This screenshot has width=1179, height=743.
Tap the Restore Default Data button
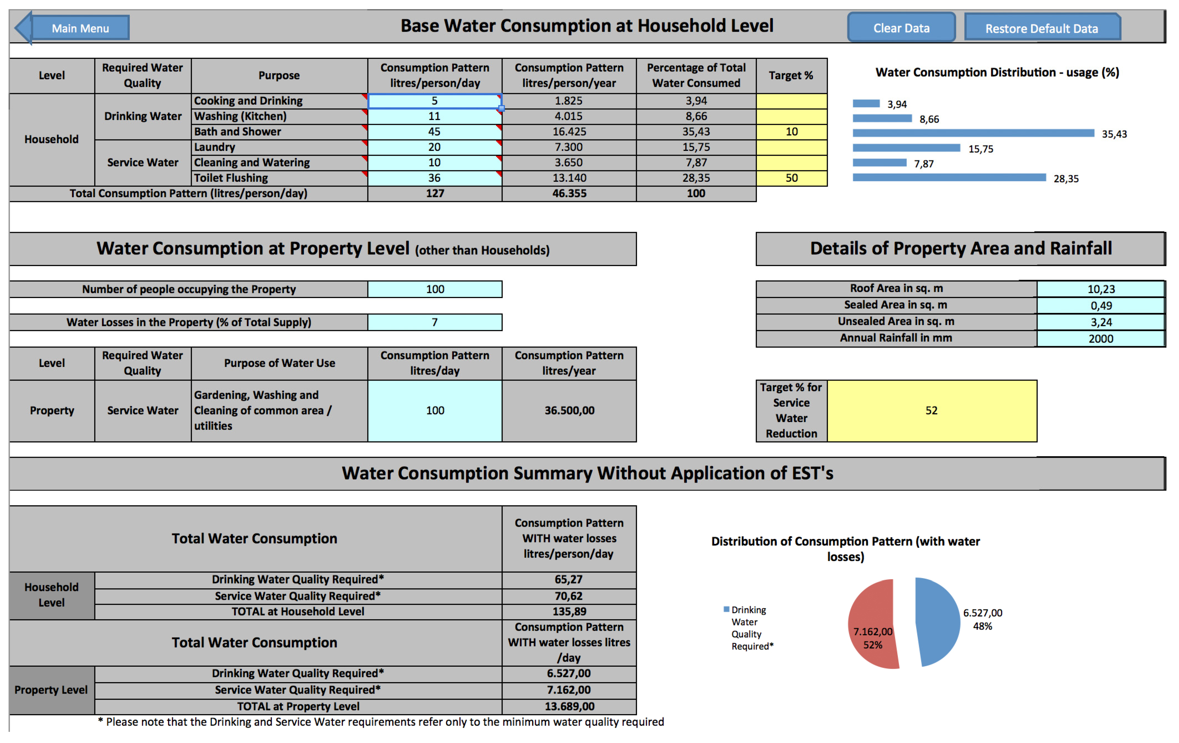tap(1042, 28)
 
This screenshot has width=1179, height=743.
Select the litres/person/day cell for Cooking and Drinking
tap(434, 101)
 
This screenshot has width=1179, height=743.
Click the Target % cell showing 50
tap(791, 178)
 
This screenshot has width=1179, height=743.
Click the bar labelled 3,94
tap(866, 103)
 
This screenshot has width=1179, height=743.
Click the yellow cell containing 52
tap(931, 410)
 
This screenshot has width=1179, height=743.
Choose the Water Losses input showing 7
tap(434, 322)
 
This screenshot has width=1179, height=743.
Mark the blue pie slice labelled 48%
tap(938, 622)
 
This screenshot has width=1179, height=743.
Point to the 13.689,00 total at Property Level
tap(569, 706)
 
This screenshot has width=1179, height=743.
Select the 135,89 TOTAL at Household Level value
tap(569, 611)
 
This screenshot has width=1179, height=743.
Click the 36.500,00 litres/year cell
tap(569, 410)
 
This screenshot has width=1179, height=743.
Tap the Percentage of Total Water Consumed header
tap(696, 75)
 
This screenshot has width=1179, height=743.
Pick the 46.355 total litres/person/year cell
tap(569, 193)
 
